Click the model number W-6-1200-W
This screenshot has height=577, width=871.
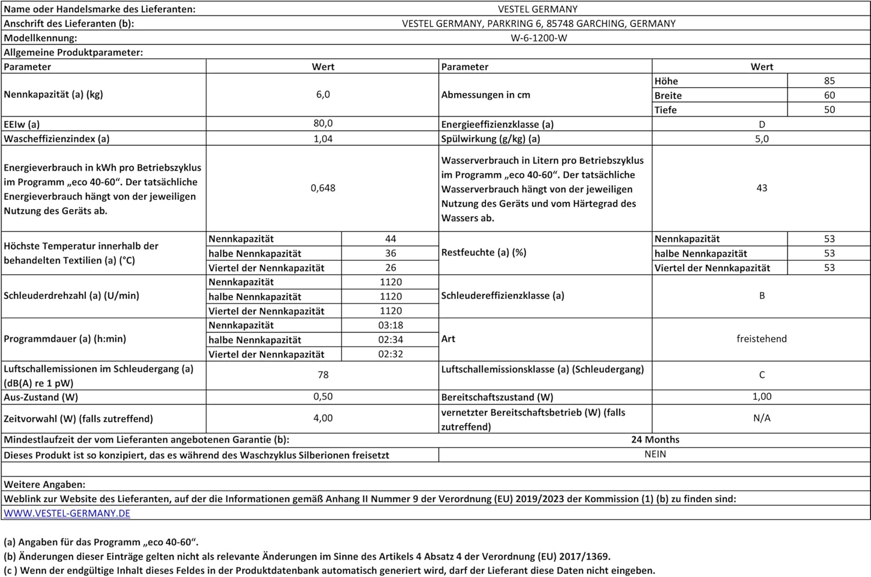click(x=538, y=38)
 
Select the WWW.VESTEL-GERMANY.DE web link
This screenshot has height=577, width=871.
click(x=67, y=513)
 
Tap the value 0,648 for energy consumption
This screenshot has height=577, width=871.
click(x=323, y=188)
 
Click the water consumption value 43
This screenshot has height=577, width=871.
click(x=762, y=188)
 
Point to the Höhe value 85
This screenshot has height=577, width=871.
click(x=829, y=81)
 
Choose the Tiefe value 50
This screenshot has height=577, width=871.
click(x=829, y=110)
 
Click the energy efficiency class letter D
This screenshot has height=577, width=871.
click(x=762, y=124)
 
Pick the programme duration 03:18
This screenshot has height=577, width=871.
click(x=390, y=326)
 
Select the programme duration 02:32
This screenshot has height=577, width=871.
click(x=390, y=354)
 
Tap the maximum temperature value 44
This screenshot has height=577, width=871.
click(x=390, y=239)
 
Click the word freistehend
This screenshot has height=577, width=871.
click(x=761, y=339)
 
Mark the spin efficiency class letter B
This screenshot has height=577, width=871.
click(x=762, y=295)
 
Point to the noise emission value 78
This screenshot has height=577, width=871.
click(x=323, y=375)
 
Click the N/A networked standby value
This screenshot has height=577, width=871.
click(x=762, y=418)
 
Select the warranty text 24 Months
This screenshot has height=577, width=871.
click(x=655, y=440)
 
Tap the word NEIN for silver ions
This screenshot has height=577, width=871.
click(x=655, y=455)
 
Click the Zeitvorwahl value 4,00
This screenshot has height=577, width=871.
click(x=323, y=418)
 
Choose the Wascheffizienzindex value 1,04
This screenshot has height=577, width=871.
click(x=323, y=139)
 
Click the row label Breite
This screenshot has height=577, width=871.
click(x=668, y=96)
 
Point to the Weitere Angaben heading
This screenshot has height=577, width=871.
click(x=45, y=484)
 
